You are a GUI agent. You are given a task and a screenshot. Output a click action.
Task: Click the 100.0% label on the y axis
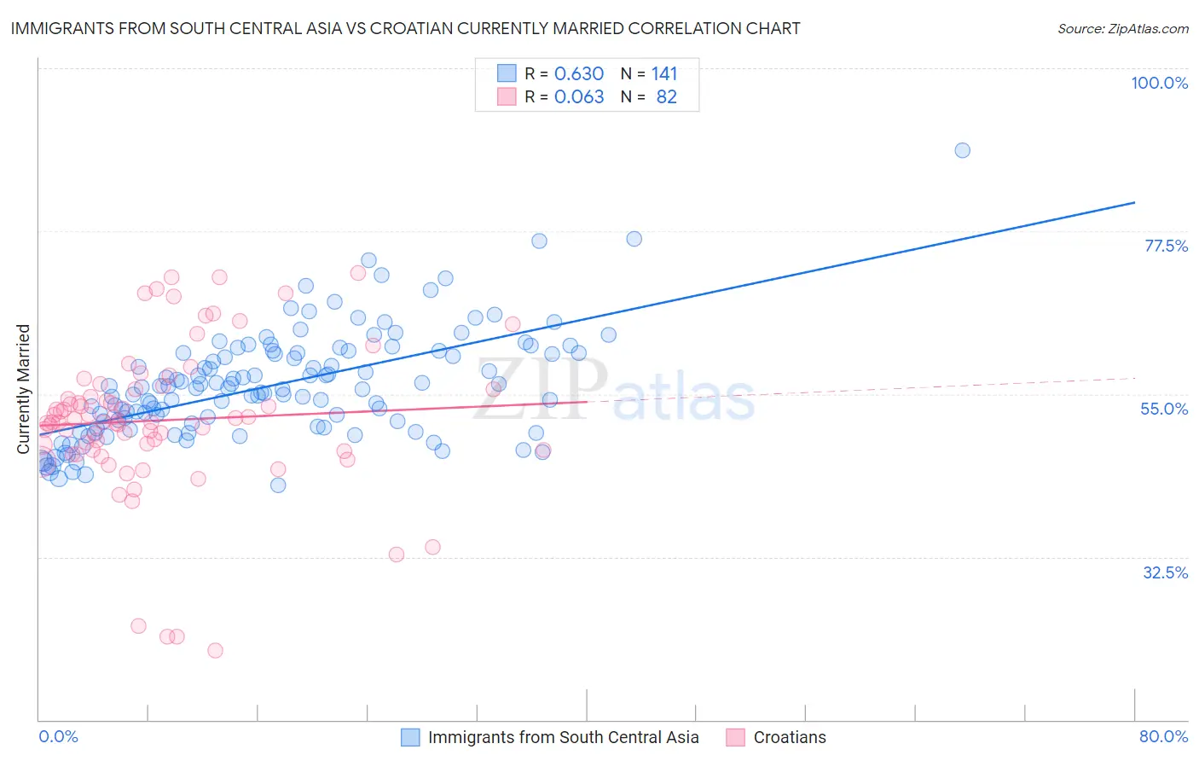(x=1159, y=83)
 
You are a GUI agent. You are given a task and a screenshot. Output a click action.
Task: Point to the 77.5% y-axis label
(x=1166, y=246)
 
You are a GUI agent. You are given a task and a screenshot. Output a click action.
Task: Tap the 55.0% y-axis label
(x=1164, y=409)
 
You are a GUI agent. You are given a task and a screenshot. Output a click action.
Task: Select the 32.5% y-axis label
(x=1165, y=572)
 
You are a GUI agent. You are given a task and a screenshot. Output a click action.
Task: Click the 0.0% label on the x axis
(x=58, y=737)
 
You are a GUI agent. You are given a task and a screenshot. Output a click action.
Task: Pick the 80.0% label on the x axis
(x=1163, y=737)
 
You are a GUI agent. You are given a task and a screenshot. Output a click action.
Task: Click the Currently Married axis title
(x=23, y=389)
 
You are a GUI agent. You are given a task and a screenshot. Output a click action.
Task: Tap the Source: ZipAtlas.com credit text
(x=1122, y=28)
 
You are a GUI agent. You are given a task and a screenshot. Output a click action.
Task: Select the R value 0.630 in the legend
(x=578, y=74)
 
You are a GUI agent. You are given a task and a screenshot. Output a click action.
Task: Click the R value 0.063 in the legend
(x=578, y=97)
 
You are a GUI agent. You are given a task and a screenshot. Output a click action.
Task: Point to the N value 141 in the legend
(x=664, y=74)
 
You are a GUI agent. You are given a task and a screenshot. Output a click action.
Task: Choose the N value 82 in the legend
(x=666, y=97)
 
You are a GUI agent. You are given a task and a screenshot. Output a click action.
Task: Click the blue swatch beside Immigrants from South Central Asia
(x=410, y=738)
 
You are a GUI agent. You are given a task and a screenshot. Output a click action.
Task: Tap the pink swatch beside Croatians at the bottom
(x=735, y=738)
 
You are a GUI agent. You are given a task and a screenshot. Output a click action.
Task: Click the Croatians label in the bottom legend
(x=790, y=738)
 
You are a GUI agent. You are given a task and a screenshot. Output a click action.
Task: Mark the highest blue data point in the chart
(x=962, y=150)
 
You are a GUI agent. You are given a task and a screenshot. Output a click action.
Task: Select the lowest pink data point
(x=215, y=650)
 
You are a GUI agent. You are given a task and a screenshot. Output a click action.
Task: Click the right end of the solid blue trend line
(x=1134, y=202)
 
